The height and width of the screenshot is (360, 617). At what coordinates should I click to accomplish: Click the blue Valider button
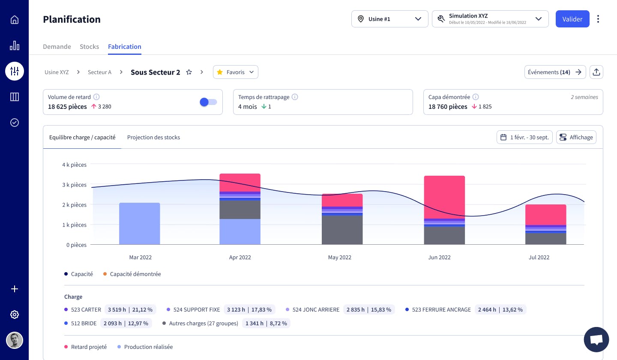572,19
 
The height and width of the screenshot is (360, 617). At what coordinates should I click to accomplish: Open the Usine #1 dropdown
389,19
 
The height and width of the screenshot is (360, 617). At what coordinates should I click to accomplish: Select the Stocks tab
89,47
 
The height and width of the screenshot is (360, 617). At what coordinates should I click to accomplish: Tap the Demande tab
57,47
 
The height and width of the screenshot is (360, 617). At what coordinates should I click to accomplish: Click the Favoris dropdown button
235,72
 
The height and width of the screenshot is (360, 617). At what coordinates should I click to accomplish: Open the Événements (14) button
554,72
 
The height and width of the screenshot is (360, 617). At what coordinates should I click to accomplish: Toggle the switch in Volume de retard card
208,102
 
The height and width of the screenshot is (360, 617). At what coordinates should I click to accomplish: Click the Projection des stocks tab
153,138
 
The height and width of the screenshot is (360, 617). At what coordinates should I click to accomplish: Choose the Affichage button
576,137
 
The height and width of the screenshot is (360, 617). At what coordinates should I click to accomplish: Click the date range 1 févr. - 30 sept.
524,137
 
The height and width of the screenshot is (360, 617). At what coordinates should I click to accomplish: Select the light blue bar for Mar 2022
139,224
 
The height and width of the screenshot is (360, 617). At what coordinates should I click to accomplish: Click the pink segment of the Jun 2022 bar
444,197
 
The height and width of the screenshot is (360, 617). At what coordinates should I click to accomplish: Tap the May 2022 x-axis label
339,258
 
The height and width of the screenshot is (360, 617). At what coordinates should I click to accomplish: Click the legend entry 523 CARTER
86,309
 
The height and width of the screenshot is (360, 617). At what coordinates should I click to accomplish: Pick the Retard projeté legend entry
89,347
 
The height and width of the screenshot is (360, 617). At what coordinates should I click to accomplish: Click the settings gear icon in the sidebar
15,315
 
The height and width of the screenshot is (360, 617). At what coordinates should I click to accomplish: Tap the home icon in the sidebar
15,20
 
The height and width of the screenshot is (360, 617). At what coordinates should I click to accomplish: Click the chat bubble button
596,339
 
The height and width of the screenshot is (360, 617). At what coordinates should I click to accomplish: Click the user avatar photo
15,340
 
